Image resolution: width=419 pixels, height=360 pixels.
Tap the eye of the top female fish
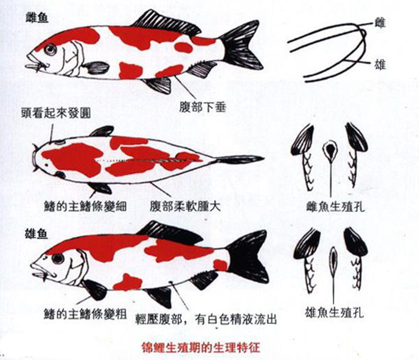pyautogui.click(x=50, y=49)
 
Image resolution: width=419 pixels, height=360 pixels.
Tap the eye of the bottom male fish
pyautogui.click(x=58, y=259)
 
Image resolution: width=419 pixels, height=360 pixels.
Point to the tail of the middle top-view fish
pyautogui.click(x=239, y=160)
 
